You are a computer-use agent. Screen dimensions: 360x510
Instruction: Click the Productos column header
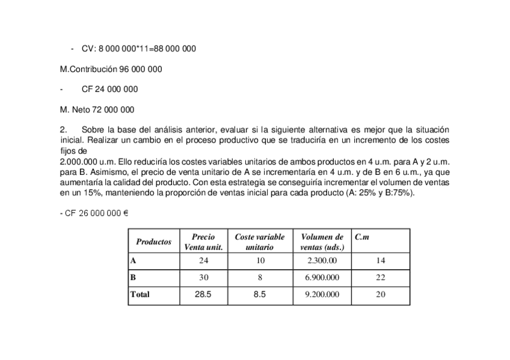[x=153, y=242]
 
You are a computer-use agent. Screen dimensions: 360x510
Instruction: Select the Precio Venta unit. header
[x=203, y=242]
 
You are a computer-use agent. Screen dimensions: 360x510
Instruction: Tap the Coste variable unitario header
[x=259, y=242]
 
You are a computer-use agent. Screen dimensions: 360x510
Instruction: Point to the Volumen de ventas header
[x=322, y=242]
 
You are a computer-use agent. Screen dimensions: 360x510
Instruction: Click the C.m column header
[x=362, y=237]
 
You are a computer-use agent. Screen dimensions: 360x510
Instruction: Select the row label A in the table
[x=133, y=261]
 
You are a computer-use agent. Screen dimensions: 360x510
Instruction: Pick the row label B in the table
[x=133, y=278]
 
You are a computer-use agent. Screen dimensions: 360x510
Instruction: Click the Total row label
[x=140, y=294]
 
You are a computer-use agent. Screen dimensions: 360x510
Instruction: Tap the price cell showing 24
[x=203, y=261]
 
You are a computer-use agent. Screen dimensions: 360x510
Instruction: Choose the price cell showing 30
[x=203, y=278]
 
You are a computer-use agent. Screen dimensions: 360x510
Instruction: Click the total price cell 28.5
[x=203, y=294]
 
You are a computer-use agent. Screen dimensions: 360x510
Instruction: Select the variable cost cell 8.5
[x=259, y=294]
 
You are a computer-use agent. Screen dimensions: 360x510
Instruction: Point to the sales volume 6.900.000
[x=322, y=278]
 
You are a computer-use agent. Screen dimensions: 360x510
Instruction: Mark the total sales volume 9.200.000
[x=322, y=294]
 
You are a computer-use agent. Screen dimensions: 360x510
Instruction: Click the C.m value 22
[x=380, y=278]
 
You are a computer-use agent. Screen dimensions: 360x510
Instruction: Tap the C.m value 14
[x=380, y=261]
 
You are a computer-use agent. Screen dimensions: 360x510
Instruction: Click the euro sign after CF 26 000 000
[x=126, y=213]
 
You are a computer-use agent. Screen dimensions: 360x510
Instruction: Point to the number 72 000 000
[x=111, y=109]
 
